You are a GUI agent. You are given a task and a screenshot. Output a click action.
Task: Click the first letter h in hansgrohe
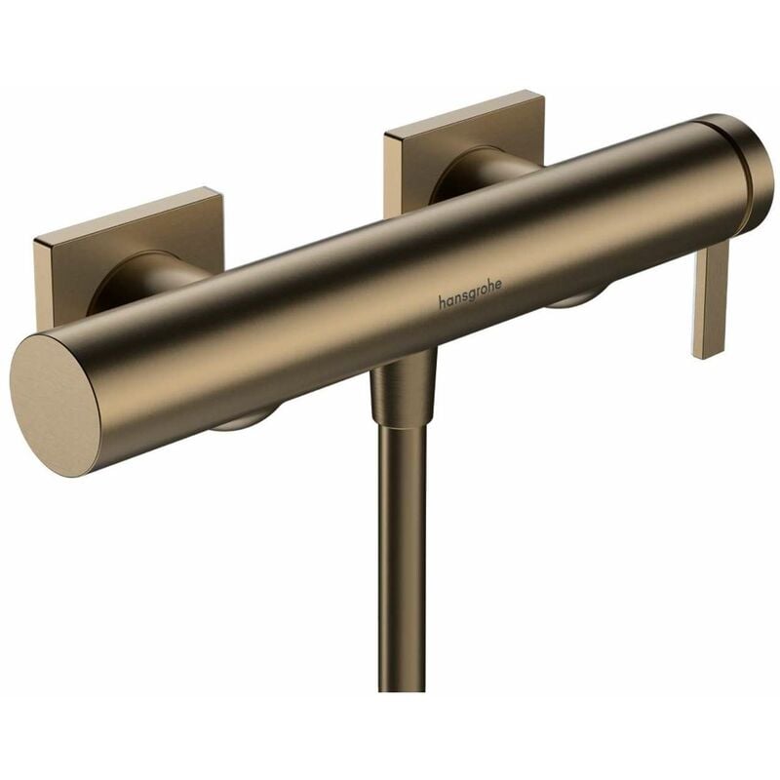(x=442, y=304)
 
